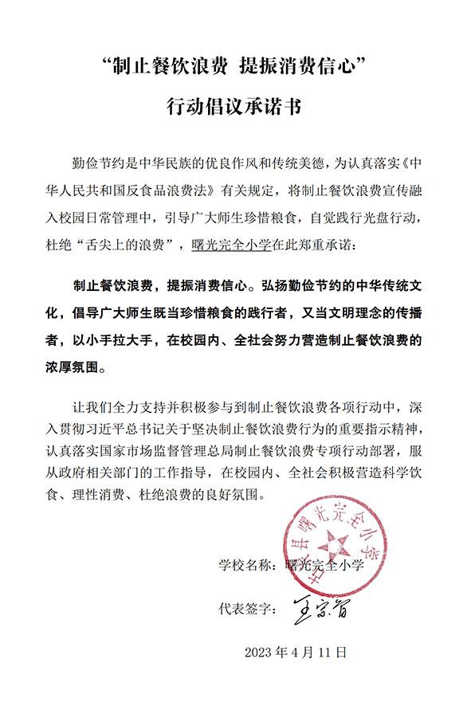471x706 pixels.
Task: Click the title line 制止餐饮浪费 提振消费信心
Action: click(235, 67)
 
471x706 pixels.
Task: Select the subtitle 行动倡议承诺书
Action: click(235, 107)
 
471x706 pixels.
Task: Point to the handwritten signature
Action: click(319, 610)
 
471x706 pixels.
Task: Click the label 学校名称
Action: click(245, 566)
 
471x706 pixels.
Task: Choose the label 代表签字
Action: click(245, 610)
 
